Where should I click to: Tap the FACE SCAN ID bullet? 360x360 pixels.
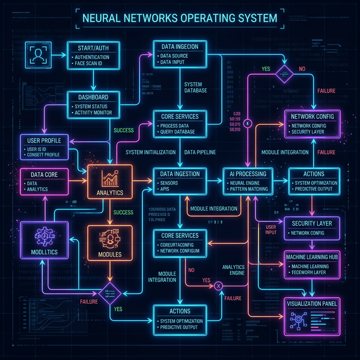pos(97,65)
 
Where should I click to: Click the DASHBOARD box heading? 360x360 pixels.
pos(93,97)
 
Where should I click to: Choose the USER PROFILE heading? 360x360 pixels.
pos(44,139)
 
